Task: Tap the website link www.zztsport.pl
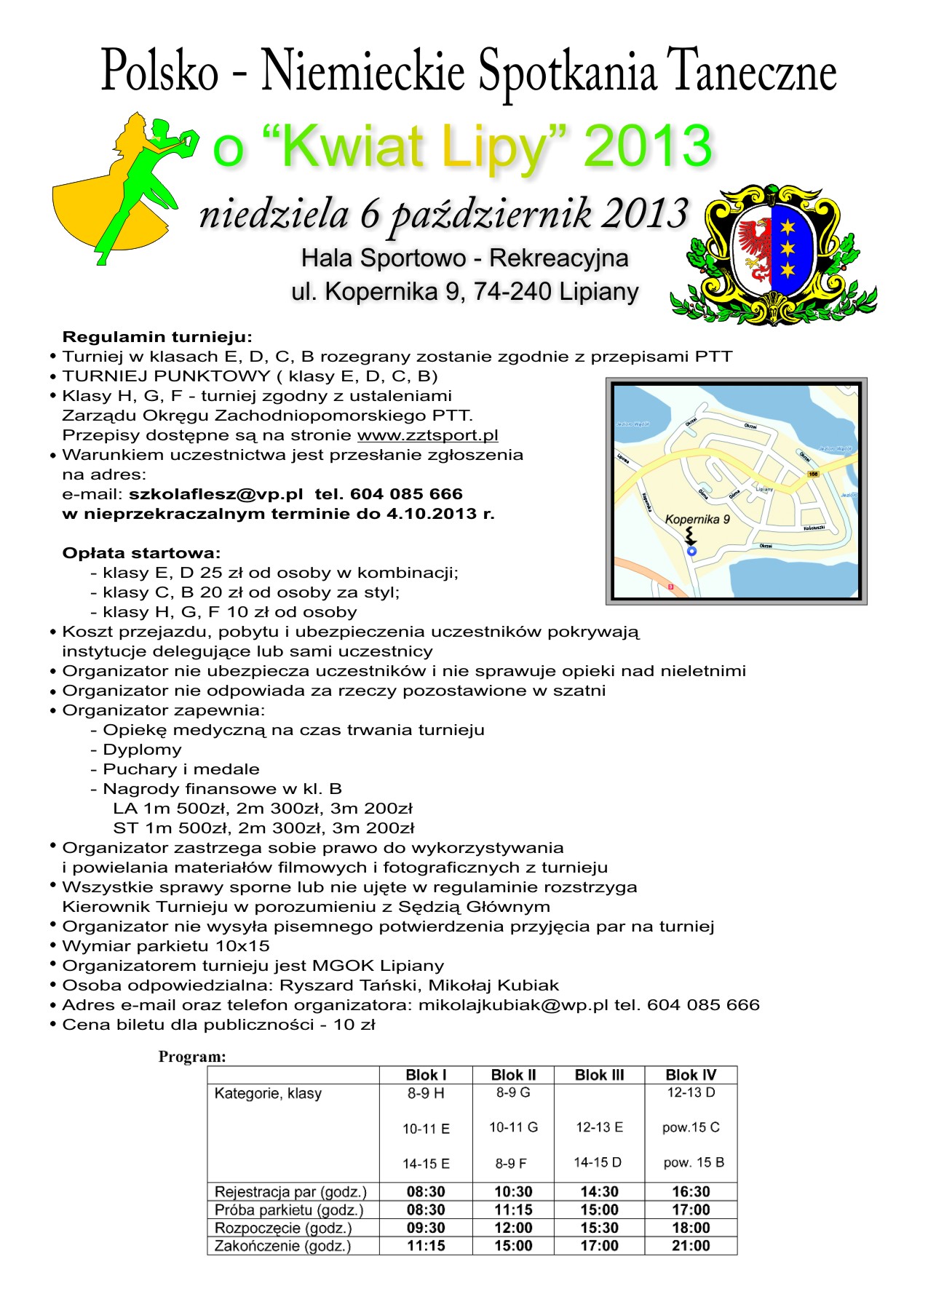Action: point(427,435)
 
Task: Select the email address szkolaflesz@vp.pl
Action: point(215,494)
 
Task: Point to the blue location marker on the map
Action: point(691,551)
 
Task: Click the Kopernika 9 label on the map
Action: point(697,519)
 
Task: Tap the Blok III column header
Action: point(599,1075)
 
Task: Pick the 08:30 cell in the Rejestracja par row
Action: point(426,1191)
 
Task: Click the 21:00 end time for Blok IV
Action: point(691,1246)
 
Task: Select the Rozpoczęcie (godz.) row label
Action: point(283,1228)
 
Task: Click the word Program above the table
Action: point(192,1057)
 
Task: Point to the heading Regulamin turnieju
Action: point(157,337)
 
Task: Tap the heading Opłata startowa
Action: point(141,553)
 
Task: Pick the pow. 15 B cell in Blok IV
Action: point(694,1162)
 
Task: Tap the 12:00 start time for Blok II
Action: point(513,1228)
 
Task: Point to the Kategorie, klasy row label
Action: point(268,1093)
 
